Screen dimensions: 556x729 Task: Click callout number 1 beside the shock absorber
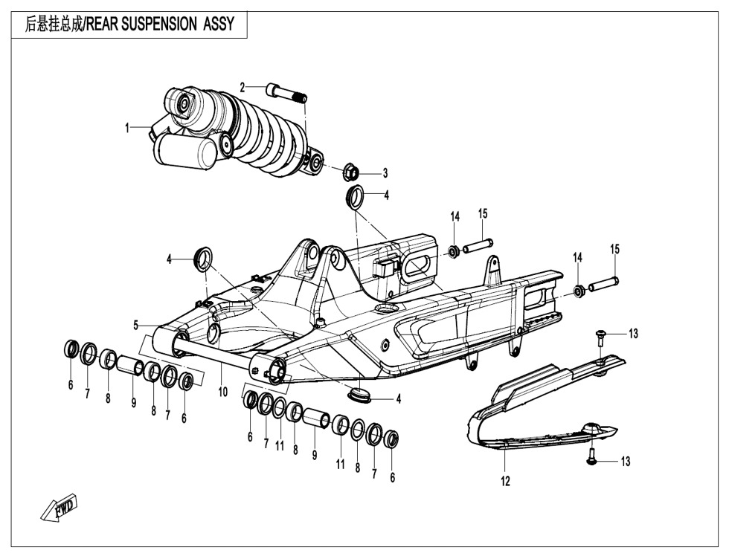pos(127,128)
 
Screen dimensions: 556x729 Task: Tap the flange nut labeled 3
pos(352,173)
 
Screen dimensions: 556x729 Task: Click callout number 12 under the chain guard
pos(506,482)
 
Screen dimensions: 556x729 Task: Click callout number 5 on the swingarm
pos(136,325)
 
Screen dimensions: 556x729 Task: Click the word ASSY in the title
pos(218,24)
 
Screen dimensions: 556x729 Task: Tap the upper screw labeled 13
pos(600,337)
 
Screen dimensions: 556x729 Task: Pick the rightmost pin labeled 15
pos(605,284)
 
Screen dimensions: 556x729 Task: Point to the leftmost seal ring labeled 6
pos(71,349)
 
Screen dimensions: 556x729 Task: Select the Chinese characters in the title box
pos(54,24)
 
